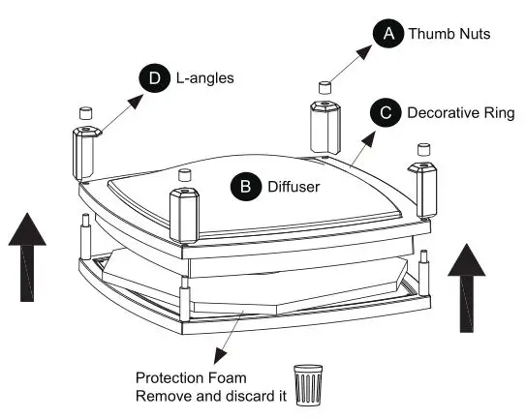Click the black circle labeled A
(388, 34)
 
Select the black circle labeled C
(387, 113)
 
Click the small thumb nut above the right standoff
(423, 149)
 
